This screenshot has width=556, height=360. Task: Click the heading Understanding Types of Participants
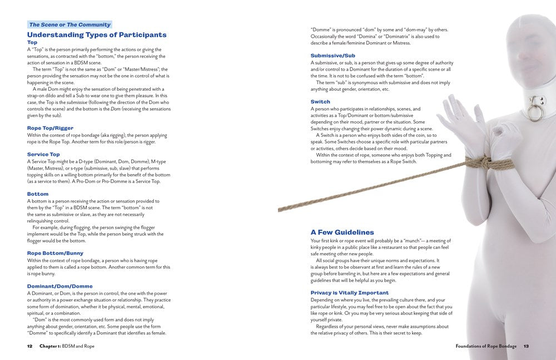click(x=97, y=34)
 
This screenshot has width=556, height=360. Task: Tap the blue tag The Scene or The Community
click(x=70, y=24)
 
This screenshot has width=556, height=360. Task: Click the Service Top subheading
click(x=43, y=154)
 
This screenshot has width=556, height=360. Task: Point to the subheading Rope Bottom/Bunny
click(x=56, y=253)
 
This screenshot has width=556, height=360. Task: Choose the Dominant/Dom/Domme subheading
click(x=60, y=286)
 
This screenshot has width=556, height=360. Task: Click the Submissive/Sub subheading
click(x=333, y=56)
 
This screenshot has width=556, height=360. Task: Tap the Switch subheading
click(x=320, y=102)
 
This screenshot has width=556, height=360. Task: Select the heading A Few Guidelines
click(x=342, y=232)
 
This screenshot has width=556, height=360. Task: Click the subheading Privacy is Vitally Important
click(x=350, y=293)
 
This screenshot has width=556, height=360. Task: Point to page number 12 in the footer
click(x=30, y=346)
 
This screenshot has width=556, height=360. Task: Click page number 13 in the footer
click(x=525, y=346)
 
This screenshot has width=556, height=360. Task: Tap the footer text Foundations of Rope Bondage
click(x=485, y=346)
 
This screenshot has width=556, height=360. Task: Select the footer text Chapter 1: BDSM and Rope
click(x=67, y=346)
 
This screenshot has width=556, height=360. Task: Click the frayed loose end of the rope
click(x=280, y=209)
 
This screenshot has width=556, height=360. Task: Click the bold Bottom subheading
click(x=38, y=194)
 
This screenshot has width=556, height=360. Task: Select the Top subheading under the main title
click(x=32, y=42)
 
